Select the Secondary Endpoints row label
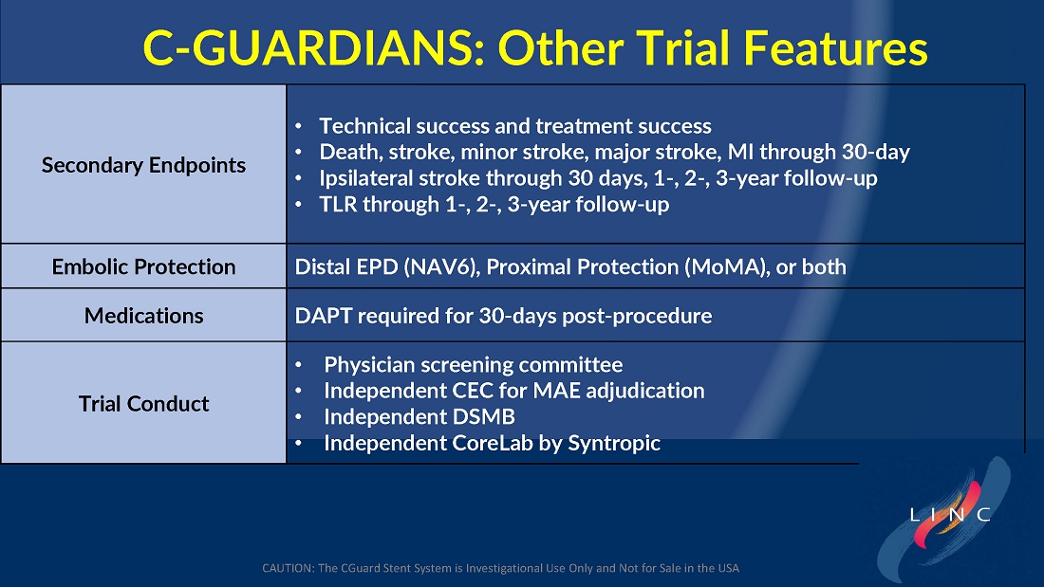[x=144, y=165]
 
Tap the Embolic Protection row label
[x=144, y=266]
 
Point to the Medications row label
[x=144, y=316]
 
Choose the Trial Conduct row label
[x=144, y=404]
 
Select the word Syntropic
[x=614, y=443]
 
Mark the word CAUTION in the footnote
[x=288, y=568]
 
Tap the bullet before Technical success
[x=298, y=126]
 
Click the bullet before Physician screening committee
[x=298, y=365]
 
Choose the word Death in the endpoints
[x=349, y=153]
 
